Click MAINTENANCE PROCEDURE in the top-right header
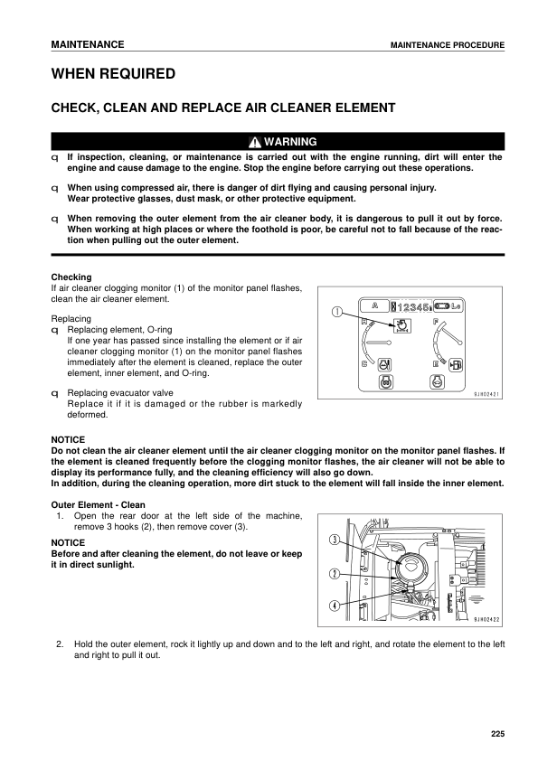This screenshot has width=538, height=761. point(447,45)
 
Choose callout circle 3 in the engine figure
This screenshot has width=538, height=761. point(335,540)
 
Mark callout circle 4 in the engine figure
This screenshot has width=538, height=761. point(335,606)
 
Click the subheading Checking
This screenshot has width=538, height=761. point(71,277)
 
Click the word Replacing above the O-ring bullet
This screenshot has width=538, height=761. point(71,319)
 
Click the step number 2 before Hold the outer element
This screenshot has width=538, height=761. point(60,644)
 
